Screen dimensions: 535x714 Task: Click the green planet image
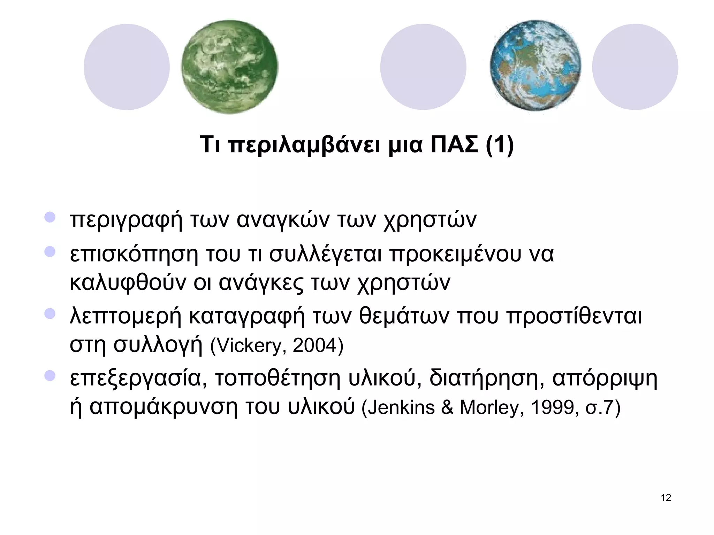tap(229, 67)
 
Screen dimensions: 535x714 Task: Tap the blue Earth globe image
tap(535, 66)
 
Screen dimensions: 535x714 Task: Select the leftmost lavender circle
tap(127, 67)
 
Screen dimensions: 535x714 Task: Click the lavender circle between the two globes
tap(423, 67)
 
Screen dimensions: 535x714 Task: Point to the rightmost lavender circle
tap(635, 67)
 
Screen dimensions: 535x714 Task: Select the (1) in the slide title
tap(500, 145)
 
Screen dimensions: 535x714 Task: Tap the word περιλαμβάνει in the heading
tap(304, 146)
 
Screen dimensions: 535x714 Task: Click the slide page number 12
tap(666, 498)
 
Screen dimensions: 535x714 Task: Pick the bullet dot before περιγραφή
tap(50, 217)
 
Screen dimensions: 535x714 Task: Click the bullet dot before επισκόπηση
tap(50, 251)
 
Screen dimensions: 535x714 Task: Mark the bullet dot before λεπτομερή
tap(50, 313)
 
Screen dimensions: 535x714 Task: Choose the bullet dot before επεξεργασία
tap(50, 375)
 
